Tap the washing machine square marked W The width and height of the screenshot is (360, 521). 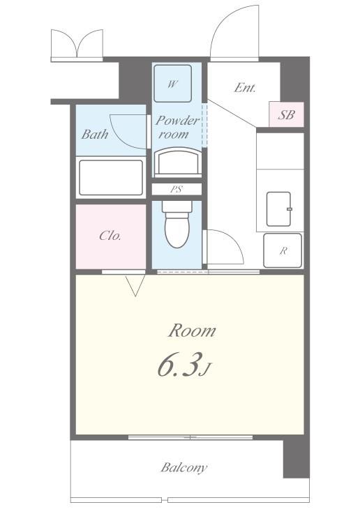coord(172,84)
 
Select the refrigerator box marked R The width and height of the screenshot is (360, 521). coord(283,250)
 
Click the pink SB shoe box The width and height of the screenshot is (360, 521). coord(286,114)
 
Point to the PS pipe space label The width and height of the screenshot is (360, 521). coord(177,190)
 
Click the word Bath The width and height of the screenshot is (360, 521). coord(95,134)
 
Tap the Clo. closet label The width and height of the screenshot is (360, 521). coord(110,236)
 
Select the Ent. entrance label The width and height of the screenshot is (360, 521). coord(245,87)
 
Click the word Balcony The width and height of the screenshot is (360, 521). coord(183,467)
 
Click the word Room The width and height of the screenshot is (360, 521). coord(192,331)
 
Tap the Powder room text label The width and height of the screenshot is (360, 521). coord(177,127)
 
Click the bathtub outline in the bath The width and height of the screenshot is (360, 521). coord(111,178)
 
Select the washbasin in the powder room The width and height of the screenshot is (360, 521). coord(179,163)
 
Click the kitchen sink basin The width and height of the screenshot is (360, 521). coord(278,209)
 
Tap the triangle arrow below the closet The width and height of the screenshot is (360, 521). coord(135,285)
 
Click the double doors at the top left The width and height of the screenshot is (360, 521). coord(77,43)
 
